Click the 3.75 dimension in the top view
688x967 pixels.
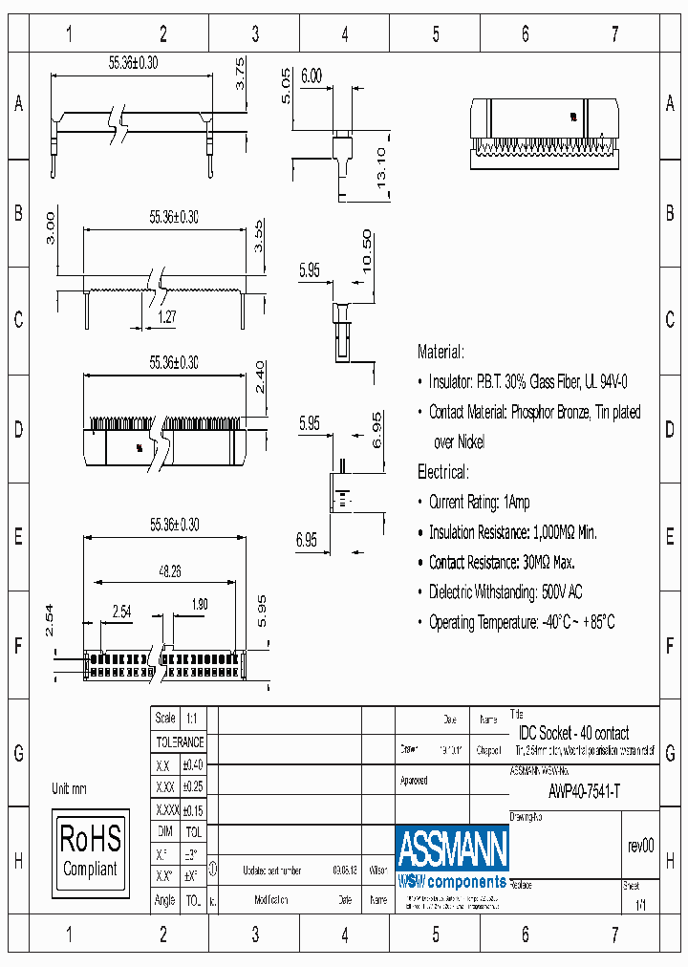click(x=241, y=74)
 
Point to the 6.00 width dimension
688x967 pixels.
click(x=312, y=77)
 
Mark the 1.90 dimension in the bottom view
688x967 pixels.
click(x=199, y=604)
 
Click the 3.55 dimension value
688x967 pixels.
click(x=257, y=235)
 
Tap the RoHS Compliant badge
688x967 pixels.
click(x=90, y=852)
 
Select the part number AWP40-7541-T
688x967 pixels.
click(x=584, y=791)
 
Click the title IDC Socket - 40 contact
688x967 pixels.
click(x=573, y=733)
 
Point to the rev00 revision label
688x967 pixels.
click(x=640, y=846)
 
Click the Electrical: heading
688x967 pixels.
click(x=442, y=472)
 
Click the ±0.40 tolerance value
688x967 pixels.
click(x=192, y=764)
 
